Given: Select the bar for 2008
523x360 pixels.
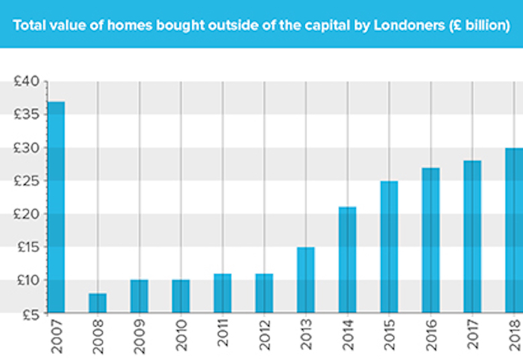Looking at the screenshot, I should pos(98,302).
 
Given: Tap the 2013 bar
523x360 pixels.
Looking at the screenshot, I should pos(306,280).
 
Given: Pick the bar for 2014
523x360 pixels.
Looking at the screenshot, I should pos(347,259).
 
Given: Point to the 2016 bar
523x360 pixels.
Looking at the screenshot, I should pos(430,240).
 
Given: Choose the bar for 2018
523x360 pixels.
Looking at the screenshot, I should pos(514,230).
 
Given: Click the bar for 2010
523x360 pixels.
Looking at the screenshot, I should pos(181,296).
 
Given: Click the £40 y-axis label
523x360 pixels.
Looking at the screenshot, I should pos(27,82).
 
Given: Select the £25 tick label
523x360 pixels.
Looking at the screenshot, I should pos(27,181).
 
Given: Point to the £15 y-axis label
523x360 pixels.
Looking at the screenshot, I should pos(27,247).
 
